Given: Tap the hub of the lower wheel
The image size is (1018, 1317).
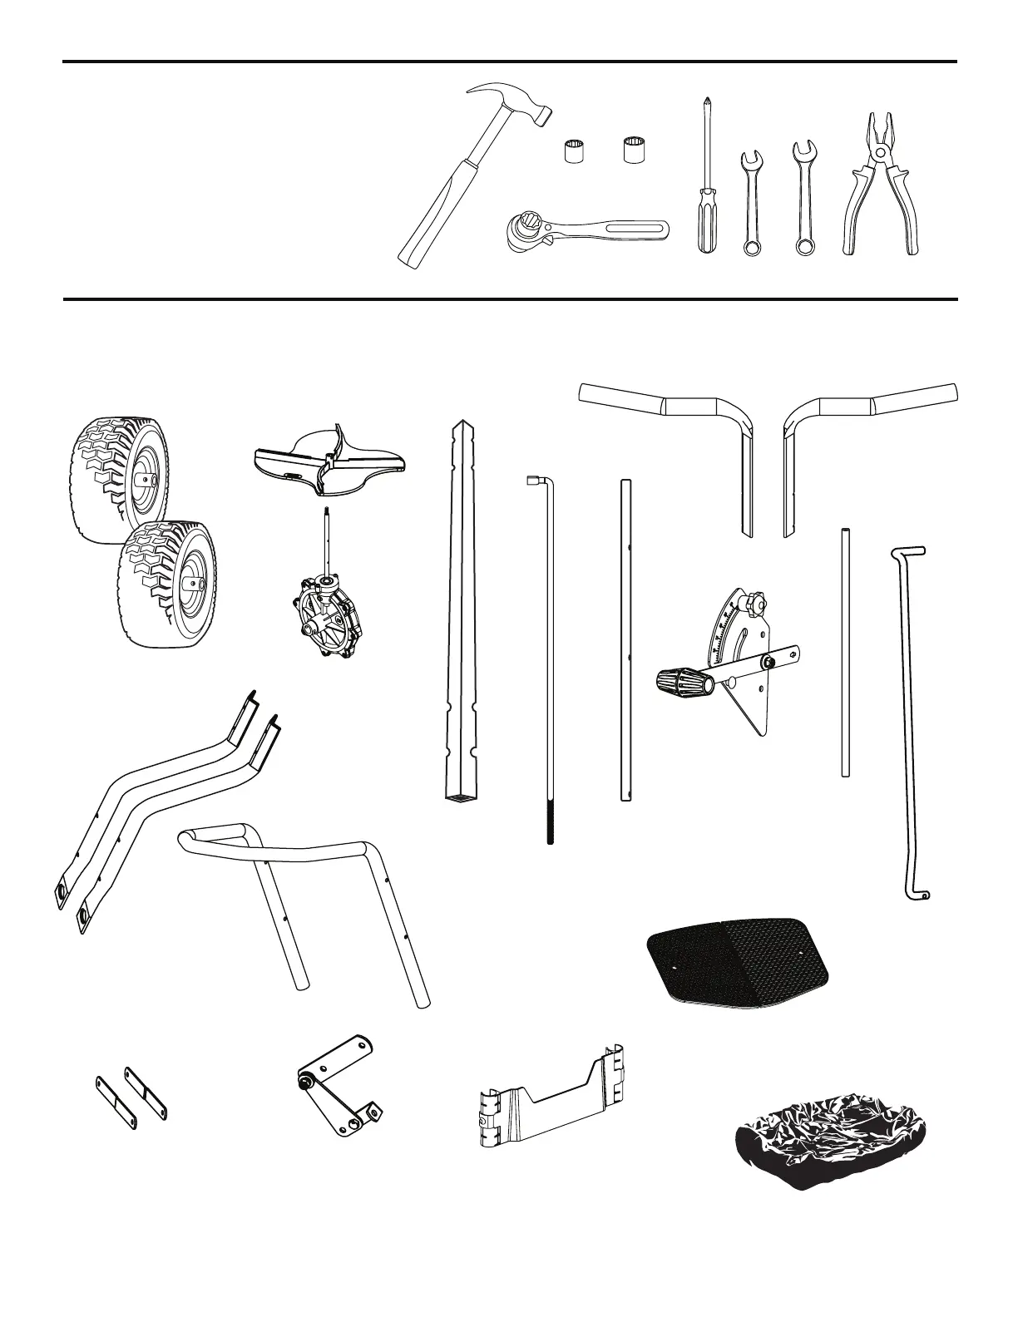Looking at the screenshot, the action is pyautogui.click(x=190, y=585).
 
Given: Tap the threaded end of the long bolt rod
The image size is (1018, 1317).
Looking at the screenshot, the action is pyautogui.click(x=550, y=822).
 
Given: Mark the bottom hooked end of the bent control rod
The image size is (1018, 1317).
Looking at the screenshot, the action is pyautogui.click(x=919, y=894).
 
